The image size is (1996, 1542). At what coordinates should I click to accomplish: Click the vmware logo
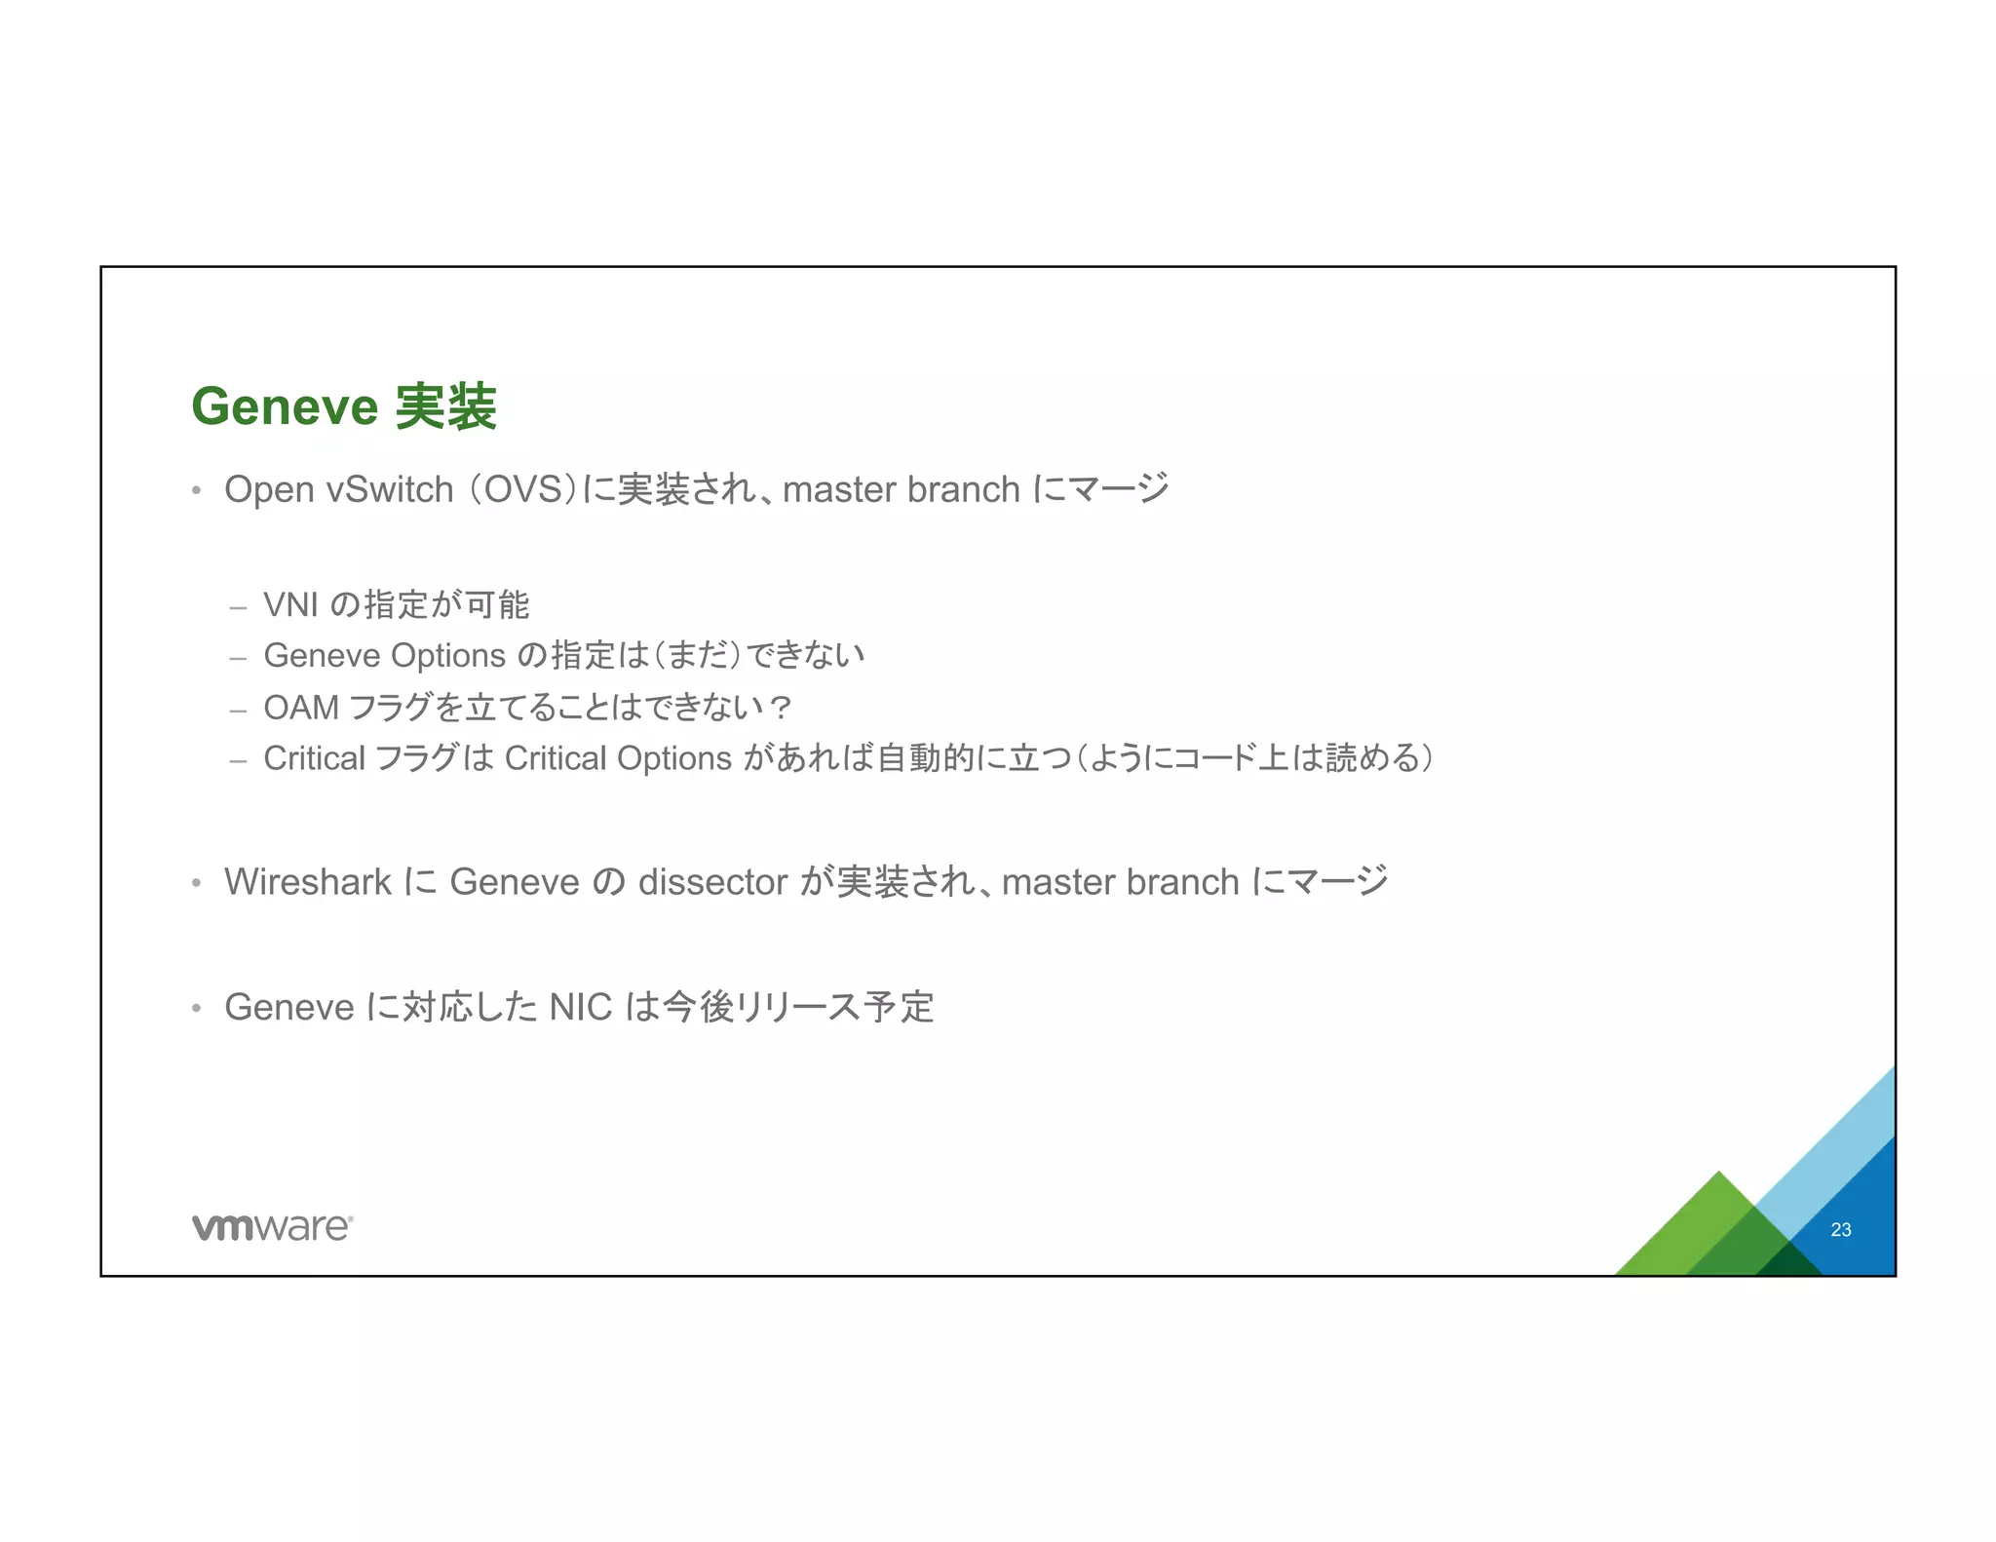[272, 1227]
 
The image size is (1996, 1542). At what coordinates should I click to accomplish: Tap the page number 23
[1840, 1230]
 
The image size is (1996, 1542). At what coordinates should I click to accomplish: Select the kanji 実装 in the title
[446, 406]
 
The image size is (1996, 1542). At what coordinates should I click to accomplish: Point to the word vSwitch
[390, 489]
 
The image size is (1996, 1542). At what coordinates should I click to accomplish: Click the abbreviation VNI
[291, 605]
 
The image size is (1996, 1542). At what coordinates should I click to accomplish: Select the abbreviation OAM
[301, 708]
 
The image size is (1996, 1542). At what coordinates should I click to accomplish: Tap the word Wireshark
[308, 882]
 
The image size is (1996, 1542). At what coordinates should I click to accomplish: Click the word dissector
[712, 882]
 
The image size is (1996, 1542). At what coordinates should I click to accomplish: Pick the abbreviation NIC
[581, 1008]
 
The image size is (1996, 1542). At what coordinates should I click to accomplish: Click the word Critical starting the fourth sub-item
[314, 758]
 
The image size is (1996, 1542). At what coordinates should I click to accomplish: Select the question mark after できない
[780, 708]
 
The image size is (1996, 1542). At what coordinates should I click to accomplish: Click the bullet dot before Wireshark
[197, 883]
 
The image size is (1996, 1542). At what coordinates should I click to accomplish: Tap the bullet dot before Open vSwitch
[197, 490]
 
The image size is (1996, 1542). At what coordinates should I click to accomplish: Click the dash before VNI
[238, 607]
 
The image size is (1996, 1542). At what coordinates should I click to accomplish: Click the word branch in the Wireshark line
[1182, 882]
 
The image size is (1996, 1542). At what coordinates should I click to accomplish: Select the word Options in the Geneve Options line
[447, 656]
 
